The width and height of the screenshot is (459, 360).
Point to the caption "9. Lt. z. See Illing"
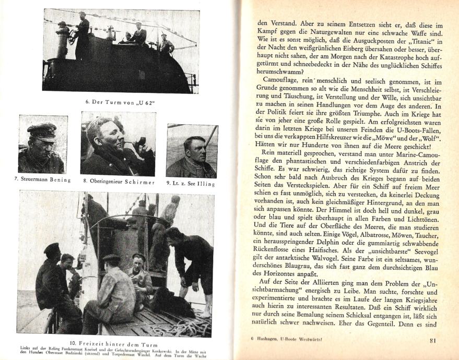coord(191,183)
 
